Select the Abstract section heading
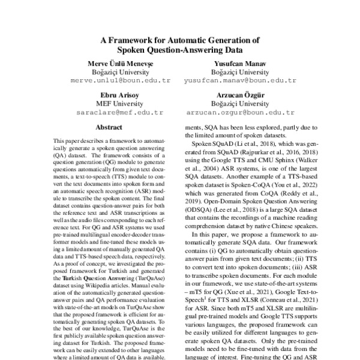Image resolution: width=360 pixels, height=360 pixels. click(109, 128)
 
